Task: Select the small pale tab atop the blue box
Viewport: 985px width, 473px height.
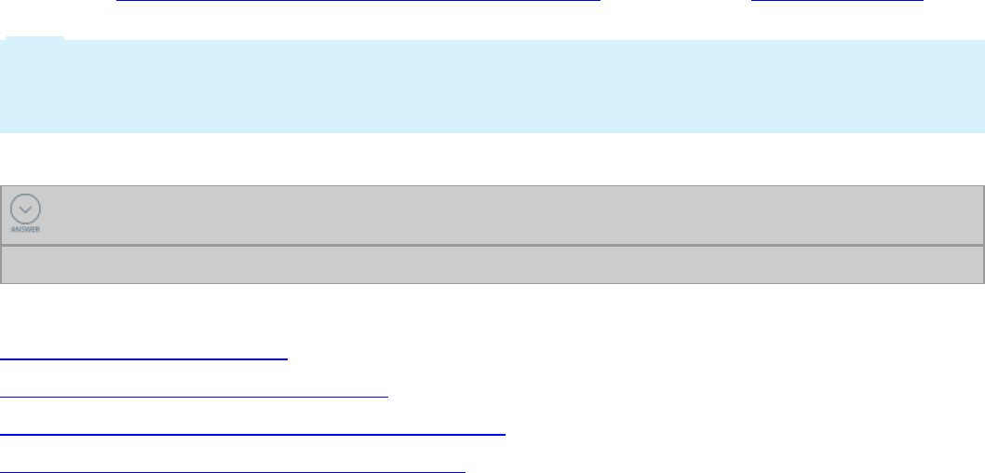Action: click(35, 38)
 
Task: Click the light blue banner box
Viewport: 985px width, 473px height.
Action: click(492, 86)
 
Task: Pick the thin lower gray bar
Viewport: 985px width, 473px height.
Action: click(492, 264)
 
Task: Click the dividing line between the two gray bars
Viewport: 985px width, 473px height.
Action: click(492, 246)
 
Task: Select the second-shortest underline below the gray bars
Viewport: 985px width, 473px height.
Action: click(194, 396)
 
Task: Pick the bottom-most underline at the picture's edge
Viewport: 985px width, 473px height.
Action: click(233, 470)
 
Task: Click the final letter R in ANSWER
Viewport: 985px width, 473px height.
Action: click(39, 229)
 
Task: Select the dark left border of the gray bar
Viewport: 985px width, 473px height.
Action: click(1, 234)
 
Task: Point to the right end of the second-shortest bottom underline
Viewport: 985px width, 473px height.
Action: click(387, 396)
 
